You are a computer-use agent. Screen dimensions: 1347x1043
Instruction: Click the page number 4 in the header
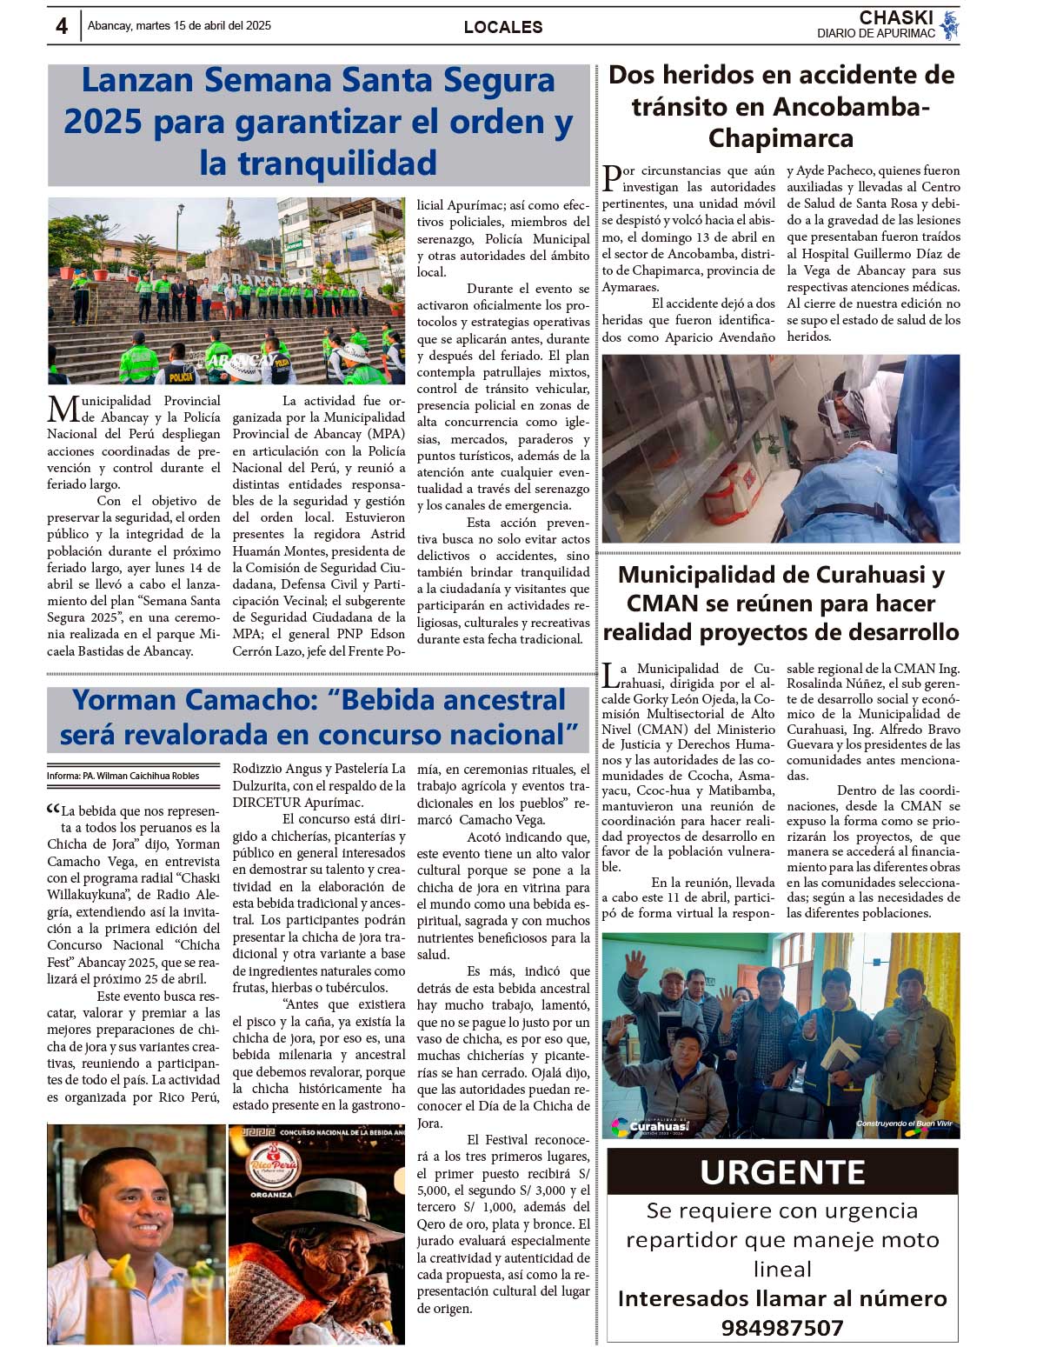[x=62, y=26]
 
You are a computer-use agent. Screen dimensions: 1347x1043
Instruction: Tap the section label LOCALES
[x=502, y=27]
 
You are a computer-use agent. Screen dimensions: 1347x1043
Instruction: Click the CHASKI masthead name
[x=895, y=17]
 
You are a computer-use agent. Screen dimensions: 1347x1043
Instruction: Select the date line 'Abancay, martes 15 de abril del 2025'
[x=179, y=25]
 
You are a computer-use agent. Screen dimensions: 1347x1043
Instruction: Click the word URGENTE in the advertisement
[x=782, y=1172]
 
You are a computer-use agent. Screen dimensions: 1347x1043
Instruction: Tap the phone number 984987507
[x=782, y=1328]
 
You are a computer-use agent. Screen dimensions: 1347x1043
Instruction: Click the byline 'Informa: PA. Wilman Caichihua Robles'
[x=123, y=776]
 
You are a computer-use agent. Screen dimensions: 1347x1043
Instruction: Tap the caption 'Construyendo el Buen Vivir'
[x=904, y=1124]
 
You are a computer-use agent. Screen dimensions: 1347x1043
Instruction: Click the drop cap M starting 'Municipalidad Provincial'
[x=63, y=409]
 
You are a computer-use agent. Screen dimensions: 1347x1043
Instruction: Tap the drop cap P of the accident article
[x=612, y=178]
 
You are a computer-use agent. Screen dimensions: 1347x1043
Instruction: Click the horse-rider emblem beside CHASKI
[x=949, y=25]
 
